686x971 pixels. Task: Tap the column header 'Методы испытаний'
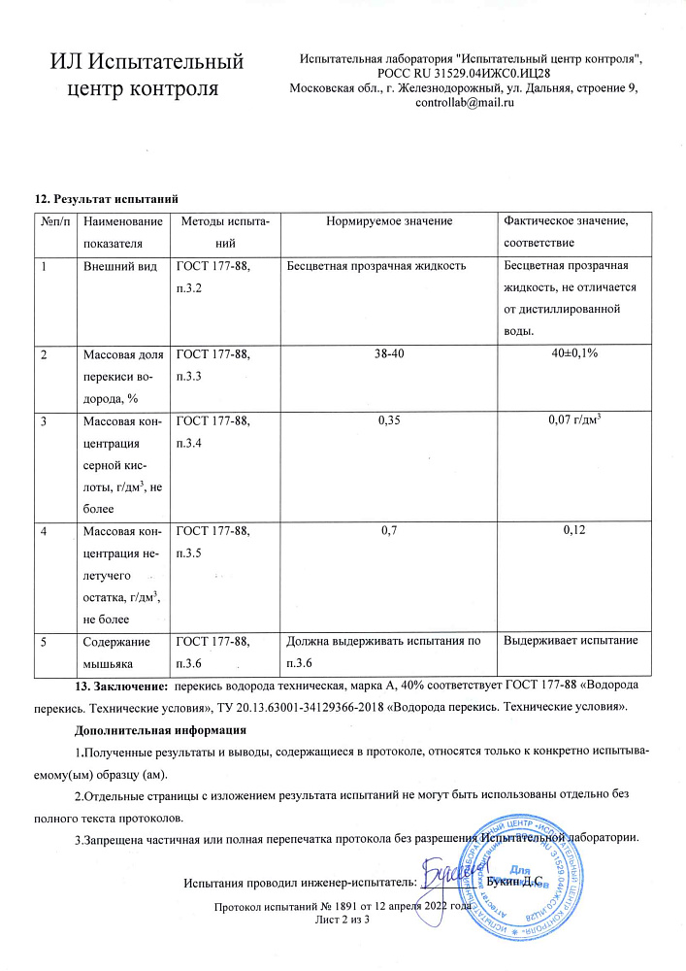(x=225, y=232)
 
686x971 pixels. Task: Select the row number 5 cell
(x=44, y=641)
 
